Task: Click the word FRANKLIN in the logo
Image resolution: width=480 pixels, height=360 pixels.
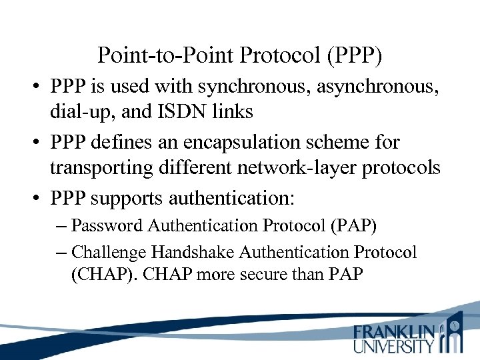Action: [x=394, y=331]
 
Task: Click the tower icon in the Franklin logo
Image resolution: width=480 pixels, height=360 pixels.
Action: [x=453, y=333]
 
